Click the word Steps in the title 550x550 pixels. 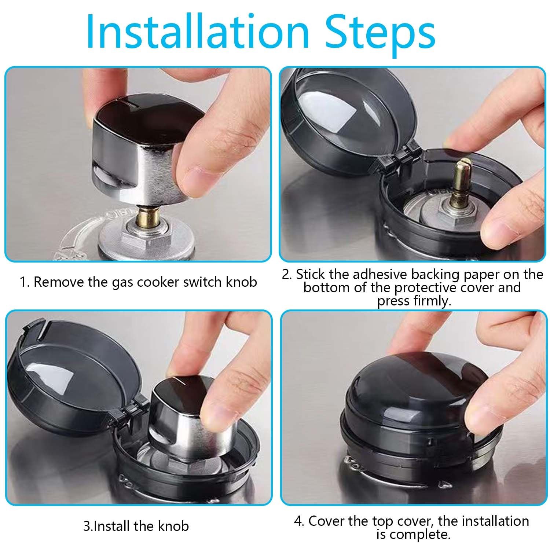tap(381, 35)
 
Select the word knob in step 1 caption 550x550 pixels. tap(241, 282)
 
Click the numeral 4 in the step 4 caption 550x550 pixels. tap(298, 521)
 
